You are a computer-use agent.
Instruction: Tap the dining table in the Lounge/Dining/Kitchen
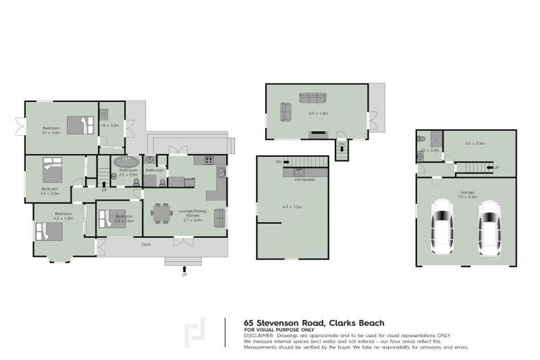pyautogui.click(x=161, y=212)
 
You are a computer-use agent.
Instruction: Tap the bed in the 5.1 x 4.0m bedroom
pyautogui.click(x=80, y=124)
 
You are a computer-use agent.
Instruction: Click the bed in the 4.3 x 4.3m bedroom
pyautogui.click(x=48, y=231)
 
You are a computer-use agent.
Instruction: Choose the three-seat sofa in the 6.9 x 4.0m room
pyautogui.click(x=313, y=98)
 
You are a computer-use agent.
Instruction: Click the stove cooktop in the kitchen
pyautogui.click(x=208, y=160)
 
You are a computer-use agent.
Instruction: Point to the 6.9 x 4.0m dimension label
pyautogui.click(x=319, y=112)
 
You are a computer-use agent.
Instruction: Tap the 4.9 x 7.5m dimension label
pyautogui.click(x=292, y=207)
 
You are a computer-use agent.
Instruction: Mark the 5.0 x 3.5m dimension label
pyautogui.click(x=475, y=144)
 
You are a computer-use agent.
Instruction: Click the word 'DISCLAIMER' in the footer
pyautogui.click(x=259, y=336)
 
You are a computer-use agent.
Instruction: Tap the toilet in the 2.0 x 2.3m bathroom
pyautogui.click(x=420, y=159)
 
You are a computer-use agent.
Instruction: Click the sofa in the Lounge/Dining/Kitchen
pyautogui.click(x=219, y=218)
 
